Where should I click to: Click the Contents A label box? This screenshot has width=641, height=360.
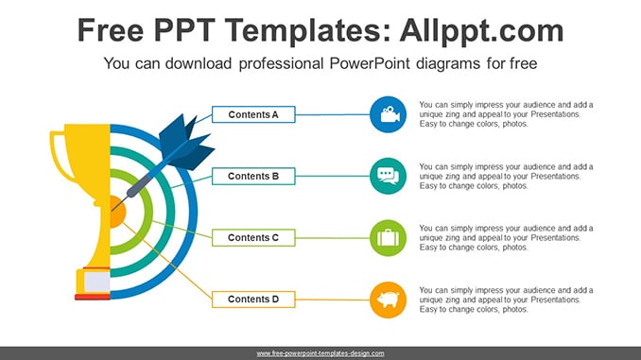click(253, 114)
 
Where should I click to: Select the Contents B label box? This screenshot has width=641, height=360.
click(253, 176)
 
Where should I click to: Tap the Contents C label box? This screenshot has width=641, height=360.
click(253, 238)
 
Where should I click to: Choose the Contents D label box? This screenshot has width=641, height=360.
click(253, 300)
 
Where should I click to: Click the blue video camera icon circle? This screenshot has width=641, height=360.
click(388, 114)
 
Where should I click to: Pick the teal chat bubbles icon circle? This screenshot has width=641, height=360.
click(388, 176)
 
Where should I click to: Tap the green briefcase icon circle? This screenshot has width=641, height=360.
click(388, 238)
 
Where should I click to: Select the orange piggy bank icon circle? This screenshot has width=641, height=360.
click(388, 300)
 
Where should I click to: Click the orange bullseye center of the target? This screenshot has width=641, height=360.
click(118, 212)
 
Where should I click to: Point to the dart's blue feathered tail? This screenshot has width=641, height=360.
click(186, 142)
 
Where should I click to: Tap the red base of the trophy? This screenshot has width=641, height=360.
click(93, 297)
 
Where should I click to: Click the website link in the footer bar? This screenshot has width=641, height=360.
click(320, 353)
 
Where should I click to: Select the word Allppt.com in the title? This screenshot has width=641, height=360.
click(481, 30)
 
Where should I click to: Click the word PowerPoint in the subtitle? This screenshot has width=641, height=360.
click(368, 63)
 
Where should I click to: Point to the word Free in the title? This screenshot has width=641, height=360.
click(111, 30)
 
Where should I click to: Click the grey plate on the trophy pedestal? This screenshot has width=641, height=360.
click(96, 282)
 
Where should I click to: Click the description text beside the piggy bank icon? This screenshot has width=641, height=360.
click(506, 300)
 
